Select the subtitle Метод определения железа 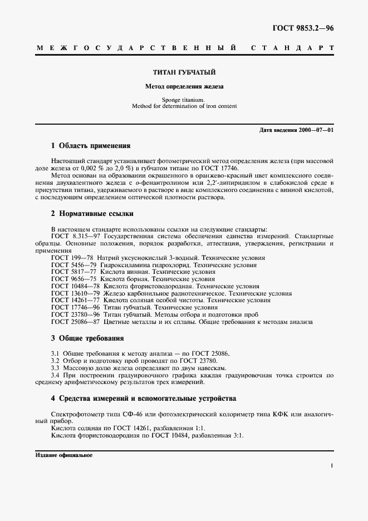coord(184,87)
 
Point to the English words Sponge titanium coord(184,100)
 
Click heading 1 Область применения coord(90,146)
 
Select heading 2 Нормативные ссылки coord(92,214)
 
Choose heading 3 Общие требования coord(87,338)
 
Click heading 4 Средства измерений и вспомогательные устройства coord(144,399)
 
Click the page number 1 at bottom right coord(332,466)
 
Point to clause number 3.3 coord(56,368)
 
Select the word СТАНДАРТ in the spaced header coord(293,48)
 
